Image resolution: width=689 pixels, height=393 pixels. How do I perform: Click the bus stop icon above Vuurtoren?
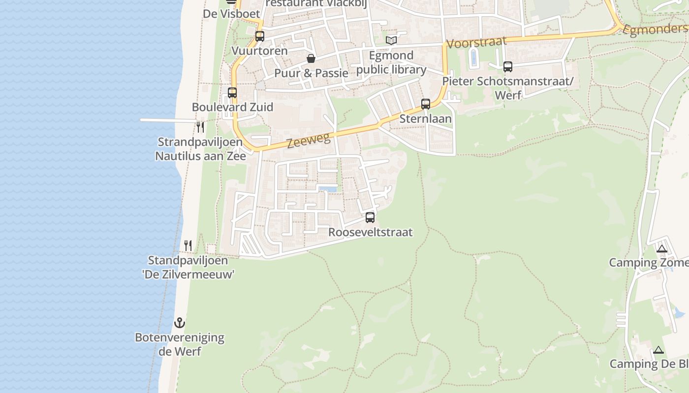coord(259,36)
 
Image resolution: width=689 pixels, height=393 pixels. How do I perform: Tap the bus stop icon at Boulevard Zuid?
coord(232,92)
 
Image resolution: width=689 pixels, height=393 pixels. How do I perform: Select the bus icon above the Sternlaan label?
coord(426,104)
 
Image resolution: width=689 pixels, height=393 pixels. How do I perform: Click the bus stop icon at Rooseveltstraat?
coord(370,217)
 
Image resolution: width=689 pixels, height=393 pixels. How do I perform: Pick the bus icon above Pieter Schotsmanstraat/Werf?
coord(507,66)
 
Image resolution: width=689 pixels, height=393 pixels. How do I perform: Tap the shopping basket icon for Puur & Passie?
coord(311,59)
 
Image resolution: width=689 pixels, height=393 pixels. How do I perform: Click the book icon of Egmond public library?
coord(391,40)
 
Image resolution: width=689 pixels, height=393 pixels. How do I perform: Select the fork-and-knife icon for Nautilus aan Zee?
coord(200,127)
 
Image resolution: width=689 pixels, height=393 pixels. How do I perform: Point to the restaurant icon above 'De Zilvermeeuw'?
coord(188,245)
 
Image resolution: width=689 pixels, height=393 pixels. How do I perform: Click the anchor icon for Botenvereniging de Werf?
coord(180,323)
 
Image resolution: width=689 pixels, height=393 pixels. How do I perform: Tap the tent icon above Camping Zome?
coord(661,249)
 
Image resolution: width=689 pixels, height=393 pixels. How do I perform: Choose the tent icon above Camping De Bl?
coord(658,350)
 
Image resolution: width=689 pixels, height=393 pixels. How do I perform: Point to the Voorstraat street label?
coord(476,42)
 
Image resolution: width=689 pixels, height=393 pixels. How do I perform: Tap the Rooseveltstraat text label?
coord(370,232)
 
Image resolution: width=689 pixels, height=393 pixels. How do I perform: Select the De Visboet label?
coord(231,14)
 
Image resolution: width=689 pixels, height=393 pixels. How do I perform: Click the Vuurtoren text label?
coord(259,51)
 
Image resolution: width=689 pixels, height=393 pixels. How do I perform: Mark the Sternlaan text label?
coord(426,118)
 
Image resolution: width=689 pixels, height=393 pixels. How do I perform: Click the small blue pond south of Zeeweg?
coord(328,189)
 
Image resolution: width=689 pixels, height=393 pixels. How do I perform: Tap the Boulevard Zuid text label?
coord(232,107)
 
